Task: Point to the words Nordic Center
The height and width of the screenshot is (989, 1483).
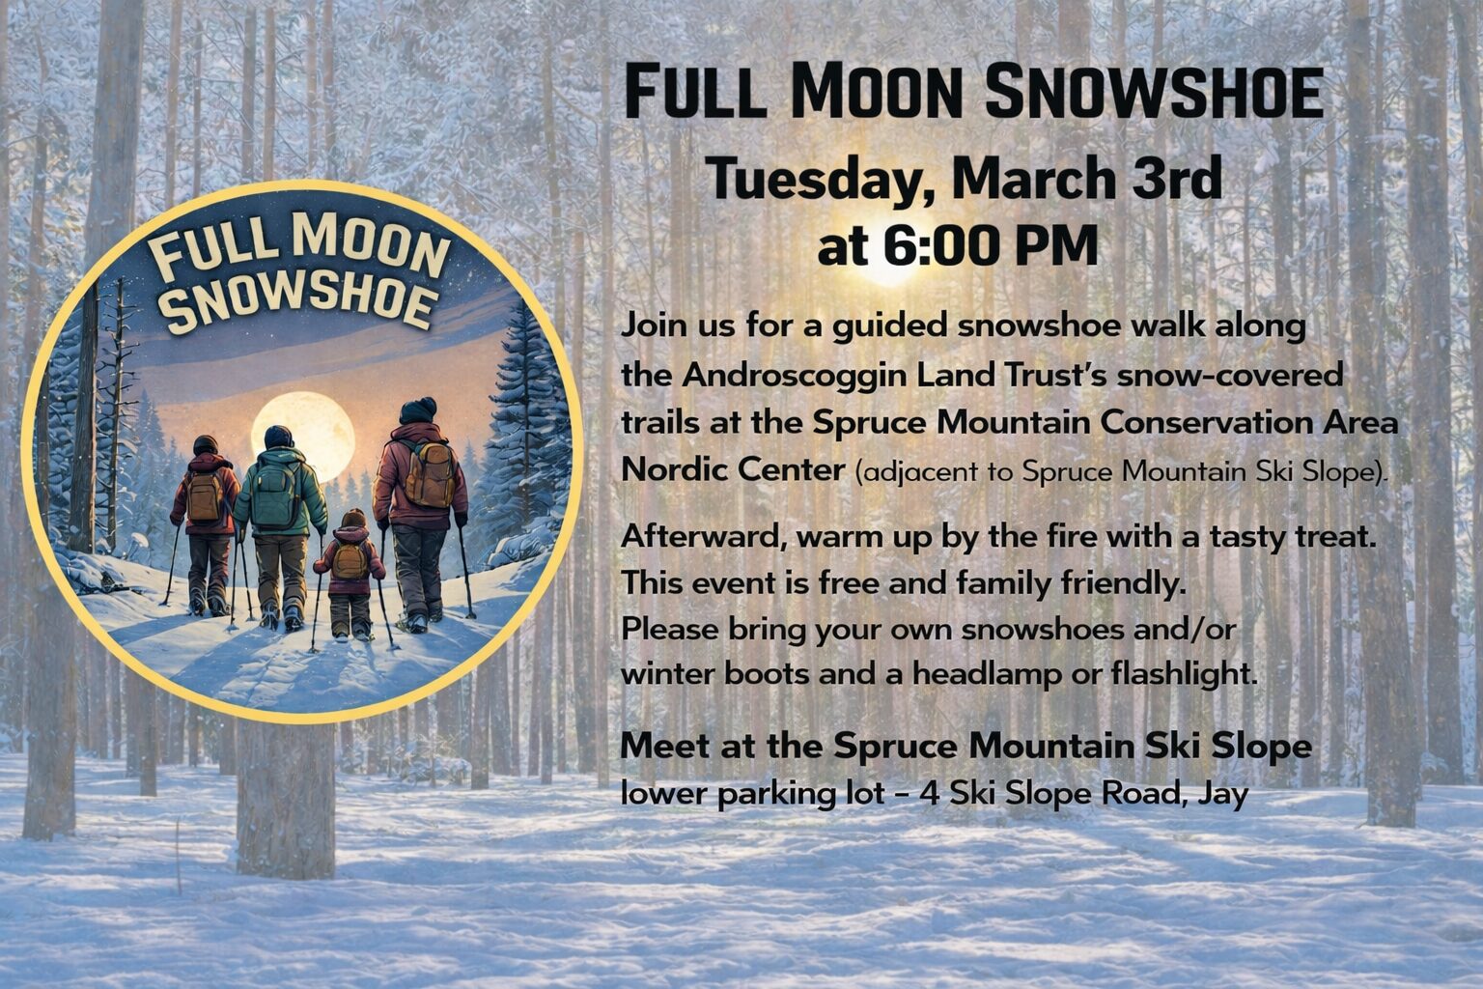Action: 733,470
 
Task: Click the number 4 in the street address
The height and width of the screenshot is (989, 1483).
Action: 930,794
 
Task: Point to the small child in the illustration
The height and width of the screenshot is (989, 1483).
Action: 350,575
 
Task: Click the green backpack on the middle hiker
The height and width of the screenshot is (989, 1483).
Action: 274,494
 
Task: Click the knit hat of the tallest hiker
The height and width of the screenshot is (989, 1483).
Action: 418,410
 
